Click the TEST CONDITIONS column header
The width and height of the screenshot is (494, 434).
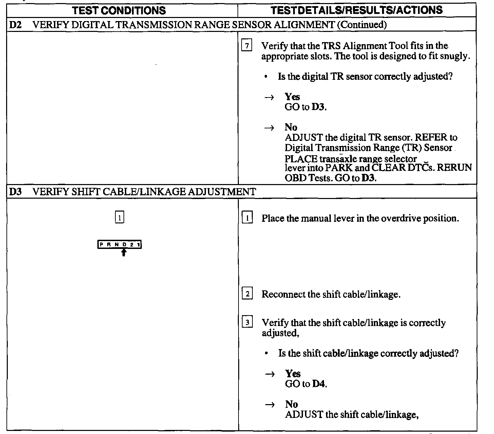[119, 11]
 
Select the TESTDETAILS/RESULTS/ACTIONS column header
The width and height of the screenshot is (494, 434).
[357, 10]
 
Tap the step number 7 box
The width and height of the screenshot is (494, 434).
[246, 46]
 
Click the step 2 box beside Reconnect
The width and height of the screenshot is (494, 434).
[247, 294]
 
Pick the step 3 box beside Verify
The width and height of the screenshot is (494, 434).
[247, 322]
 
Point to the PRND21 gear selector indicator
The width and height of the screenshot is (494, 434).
[119, 245]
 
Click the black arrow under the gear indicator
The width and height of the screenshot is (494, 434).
[124, 252]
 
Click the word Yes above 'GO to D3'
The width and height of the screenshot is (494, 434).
[292, 97]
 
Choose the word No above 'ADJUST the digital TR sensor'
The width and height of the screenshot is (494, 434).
[291, 128]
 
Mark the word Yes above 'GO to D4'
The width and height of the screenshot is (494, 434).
[293, 374]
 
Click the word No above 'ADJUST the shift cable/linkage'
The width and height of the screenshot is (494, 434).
[291, 404]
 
